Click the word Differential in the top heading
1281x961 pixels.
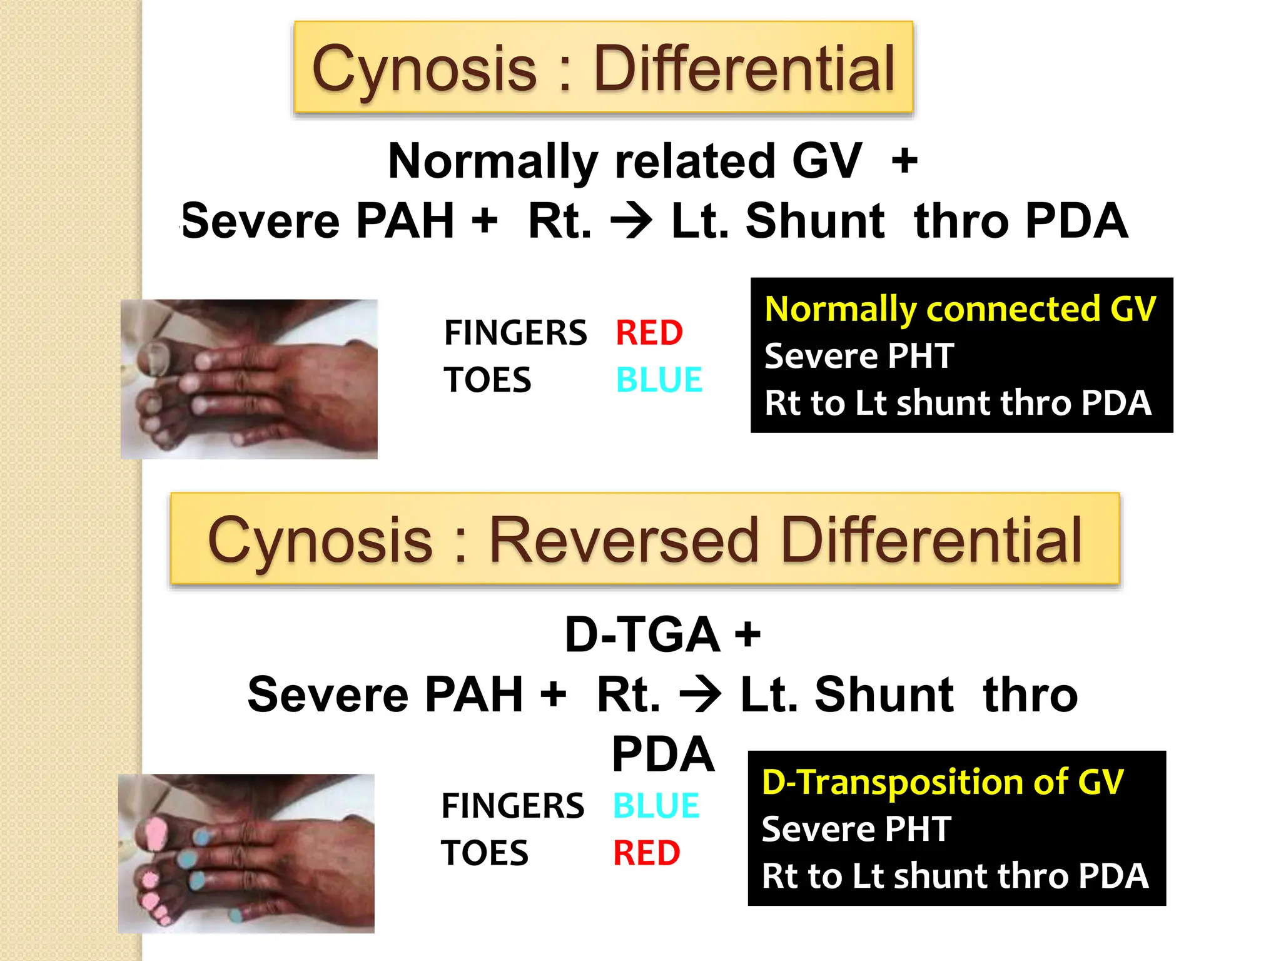point(744,69)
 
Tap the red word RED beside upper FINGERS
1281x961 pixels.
point(649,332)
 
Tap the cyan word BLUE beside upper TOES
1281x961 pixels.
point(659,380)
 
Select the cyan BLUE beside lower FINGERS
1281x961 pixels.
point(656,805)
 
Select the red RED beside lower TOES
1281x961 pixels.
point(647,853)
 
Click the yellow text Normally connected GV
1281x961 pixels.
point(960,309)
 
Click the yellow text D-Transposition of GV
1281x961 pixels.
point(943,782)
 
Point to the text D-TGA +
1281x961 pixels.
point(662,635)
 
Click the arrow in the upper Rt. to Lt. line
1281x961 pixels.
point(631,221)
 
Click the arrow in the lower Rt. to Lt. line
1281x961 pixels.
point(700,694)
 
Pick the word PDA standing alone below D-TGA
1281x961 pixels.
point(662,754)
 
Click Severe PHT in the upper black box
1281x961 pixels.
point(859,356)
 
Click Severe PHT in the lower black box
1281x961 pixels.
point(856,829)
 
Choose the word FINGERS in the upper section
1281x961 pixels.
point(515,332)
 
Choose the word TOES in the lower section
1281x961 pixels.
point(485,853)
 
